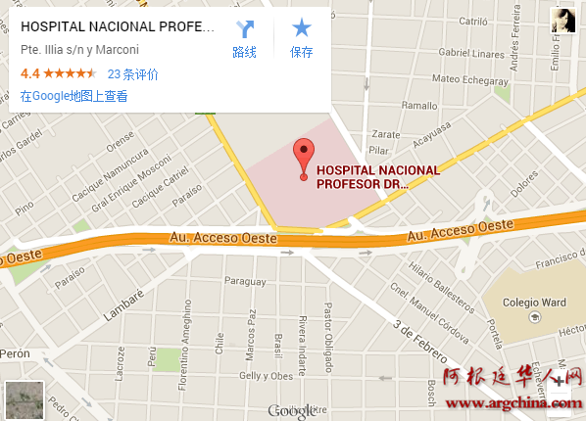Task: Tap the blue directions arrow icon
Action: point(244,29)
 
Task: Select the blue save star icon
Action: point(301,29)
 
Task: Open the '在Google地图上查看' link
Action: point(73,96)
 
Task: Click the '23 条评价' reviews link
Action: point(132,73)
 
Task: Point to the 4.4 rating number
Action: point(29,73)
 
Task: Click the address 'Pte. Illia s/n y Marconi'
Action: point(79,50)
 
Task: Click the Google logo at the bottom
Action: point(291,411)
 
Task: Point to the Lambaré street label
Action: point(123,299)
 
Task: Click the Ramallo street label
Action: point(418,106)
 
